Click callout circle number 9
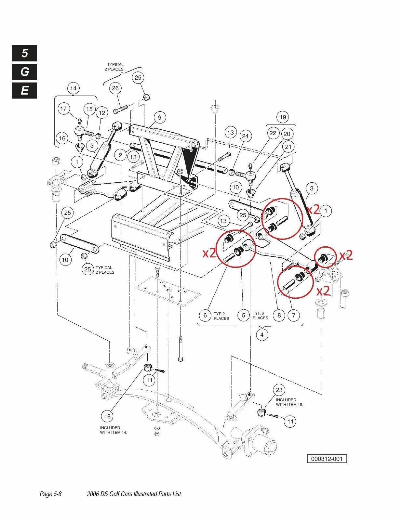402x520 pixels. pos(160,117)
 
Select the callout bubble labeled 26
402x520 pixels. pos(115,88)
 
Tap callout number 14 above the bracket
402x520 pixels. pos(73,88)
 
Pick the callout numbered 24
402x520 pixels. pos(245,136)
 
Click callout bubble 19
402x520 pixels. pos(282,117)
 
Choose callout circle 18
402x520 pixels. pos(107,416)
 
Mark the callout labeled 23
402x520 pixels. pos(279,390)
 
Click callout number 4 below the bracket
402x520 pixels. pos(262,335)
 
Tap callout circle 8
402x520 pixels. pos(279,315)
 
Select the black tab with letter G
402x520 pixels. pos(25,72)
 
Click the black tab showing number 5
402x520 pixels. pos(25,53)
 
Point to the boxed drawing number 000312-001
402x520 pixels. pos(327,459)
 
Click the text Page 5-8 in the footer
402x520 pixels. pos(51,494)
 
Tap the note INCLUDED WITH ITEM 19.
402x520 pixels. pos(289,402)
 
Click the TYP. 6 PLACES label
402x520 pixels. pos(260,316)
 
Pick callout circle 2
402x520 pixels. pos(120,155)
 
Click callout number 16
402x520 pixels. pos(62,138)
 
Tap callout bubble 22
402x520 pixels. pos(273,133)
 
